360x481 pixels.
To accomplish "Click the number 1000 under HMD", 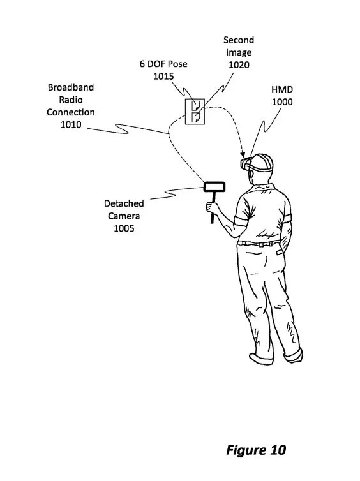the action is [282, 102].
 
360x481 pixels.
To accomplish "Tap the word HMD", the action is [282, 89].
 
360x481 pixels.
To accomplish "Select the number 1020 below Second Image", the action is [239, 64].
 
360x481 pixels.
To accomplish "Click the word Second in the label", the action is [239, 40].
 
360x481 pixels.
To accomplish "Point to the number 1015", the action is [163, 76].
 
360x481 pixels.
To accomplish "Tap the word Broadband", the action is [71, 87].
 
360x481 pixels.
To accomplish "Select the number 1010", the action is [71, 124].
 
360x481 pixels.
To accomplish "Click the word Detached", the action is [124, 204].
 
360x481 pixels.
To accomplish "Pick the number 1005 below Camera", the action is [124, 228].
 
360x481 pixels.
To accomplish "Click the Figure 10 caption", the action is [256, 450].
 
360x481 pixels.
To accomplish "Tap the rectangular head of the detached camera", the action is [214, 187].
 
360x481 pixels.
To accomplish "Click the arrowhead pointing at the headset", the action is [243, 153].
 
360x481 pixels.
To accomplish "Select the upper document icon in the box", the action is [195, 106].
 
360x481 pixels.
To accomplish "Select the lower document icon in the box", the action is [195, 117].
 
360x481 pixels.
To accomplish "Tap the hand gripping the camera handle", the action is [213, 207].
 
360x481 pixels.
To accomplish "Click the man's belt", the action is [259, 244].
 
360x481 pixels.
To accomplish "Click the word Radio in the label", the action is [71, 100].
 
